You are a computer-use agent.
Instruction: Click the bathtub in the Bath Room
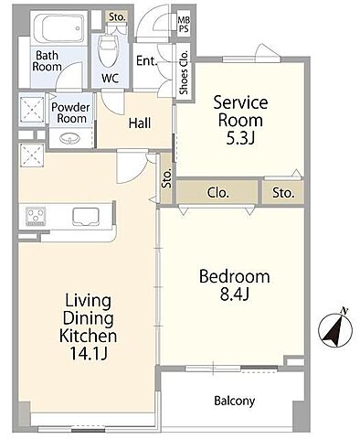pos(58,28)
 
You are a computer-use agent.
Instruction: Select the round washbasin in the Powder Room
pos(69,139)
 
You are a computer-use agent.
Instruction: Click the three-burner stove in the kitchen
pos(36,216)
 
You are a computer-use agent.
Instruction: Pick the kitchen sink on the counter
pos(86,217)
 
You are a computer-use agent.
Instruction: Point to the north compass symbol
pos(335,329)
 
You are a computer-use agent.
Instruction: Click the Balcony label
pos(235,401)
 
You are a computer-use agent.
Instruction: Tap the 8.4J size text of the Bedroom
pos(235,294)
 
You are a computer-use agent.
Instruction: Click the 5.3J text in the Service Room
pos(240,139)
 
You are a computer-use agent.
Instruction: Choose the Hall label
pos(140,123)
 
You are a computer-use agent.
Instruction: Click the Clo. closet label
pos(218,193)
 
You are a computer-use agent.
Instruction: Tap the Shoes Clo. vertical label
pos(184,72)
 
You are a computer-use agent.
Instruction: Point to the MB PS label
pos(184,25)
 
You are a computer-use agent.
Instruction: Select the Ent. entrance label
pos(146,61)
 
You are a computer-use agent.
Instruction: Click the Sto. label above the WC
pos(117,17)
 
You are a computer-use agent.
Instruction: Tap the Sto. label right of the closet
pos(283,193)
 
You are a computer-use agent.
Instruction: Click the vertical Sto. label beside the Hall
pos(167,178)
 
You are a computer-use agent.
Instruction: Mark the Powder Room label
pos(70,112)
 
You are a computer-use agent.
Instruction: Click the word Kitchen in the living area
pos(88,336)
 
